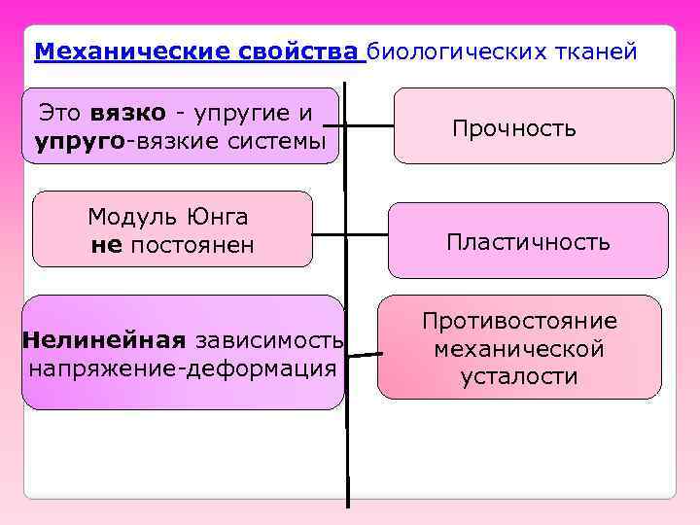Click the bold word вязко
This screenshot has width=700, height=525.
pyautogui.click(x=132, y=113)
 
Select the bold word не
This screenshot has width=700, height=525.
pyautogui.click(x=105, y=245)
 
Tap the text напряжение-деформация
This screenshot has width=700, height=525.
pyautogui.click(x=183, y=369)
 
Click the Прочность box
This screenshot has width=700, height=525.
pyautogui.click(x=533, y=126)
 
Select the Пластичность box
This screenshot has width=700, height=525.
pyautogui.click(x=528, y=241)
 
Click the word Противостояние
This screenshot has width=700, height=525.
pyautogui.click(x=519, y=321)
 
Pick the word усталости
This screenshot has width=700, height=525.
pyautogui.click(x=519, y=377)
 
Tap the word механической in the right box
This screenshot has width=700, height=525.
pyautogui.click(x=519, y=349)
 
